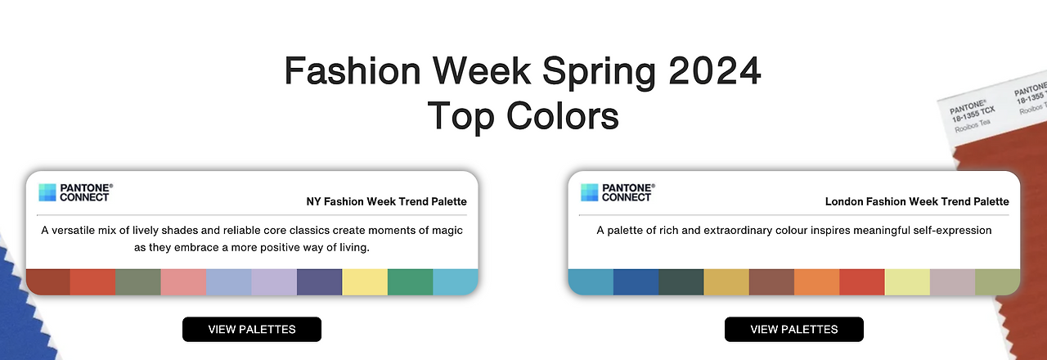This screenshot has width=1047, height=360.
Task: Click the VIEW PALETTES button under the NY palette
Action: coord(252,329)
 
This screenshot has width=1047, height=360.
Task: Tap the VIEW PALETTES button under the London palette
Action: coord(794,329)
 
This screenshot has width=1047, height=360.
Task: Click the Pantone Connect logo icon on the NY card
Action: coord(47,192)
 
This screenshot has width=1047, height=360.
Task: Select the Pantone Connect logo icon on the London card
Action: coord(590,192)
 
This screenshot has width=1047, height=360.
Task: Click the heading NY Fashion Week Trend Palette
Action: coord(387,201)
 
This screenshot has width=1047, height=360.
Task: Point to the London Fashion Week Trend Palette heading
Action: coord(917,201)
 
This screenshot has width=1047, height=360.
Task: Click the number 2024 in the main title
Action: coord(715,70)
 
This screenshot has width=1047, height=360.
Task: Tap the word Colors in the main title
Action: coord(563,115)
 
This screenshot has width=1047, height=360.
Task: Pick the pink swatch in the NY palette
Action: coord(184,282)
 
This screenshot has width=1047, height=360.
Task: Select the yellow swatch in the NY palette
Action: coord(365,282)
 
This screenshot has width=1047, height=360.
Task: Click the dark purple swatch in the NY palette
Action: coord(320,282)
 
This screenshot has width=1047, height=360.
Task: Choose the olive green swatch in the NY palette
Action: coord(138,282)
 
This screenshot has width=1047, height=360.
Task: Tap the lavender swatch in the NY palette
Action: coord(274,282)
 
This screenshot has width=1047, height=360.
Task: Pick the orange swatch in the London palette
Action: coord(817,282)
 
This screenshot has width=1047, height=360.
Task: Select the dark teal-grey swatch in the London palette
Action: coord(681,282)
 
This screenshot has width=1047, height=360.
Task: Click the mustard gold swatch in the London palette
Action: coord(726,282)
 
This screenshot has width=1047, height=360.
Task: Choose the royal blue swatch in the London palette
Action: coord(636,282)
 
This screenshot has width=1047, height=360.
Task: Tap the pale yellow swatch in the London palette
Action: coord(908,282)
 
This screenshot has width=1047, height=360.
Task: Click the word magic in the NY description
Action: coord(447,231)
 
